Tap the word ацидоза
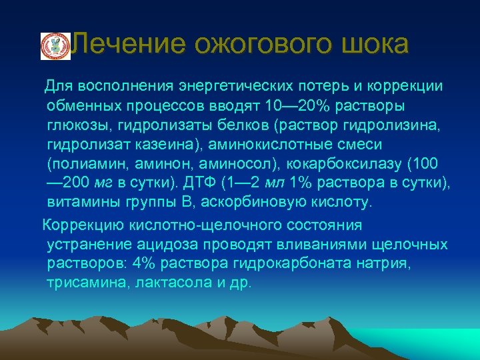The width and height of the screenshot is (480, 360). point(181,245)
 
